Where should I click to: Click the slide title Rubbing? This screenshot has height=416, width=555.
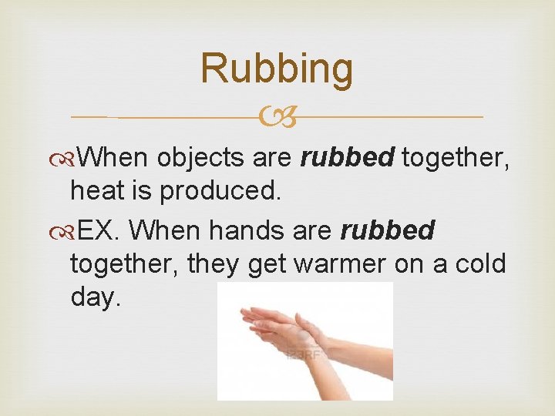click(x=277, y=68)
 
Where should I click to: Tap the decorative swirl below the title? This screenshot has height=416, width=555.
click(x=277, y=117)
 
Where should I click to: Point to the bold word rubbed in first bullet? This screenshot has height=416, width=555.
click(x=348, y=158)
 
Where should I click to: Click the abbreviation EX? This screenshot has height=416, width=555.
click(x=97, y=230)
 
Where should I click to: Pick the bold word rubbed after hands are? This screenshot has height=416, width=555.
click(x=388, y=230)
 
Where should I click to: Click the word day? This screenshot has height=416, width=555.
click(x=96, y=297)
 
